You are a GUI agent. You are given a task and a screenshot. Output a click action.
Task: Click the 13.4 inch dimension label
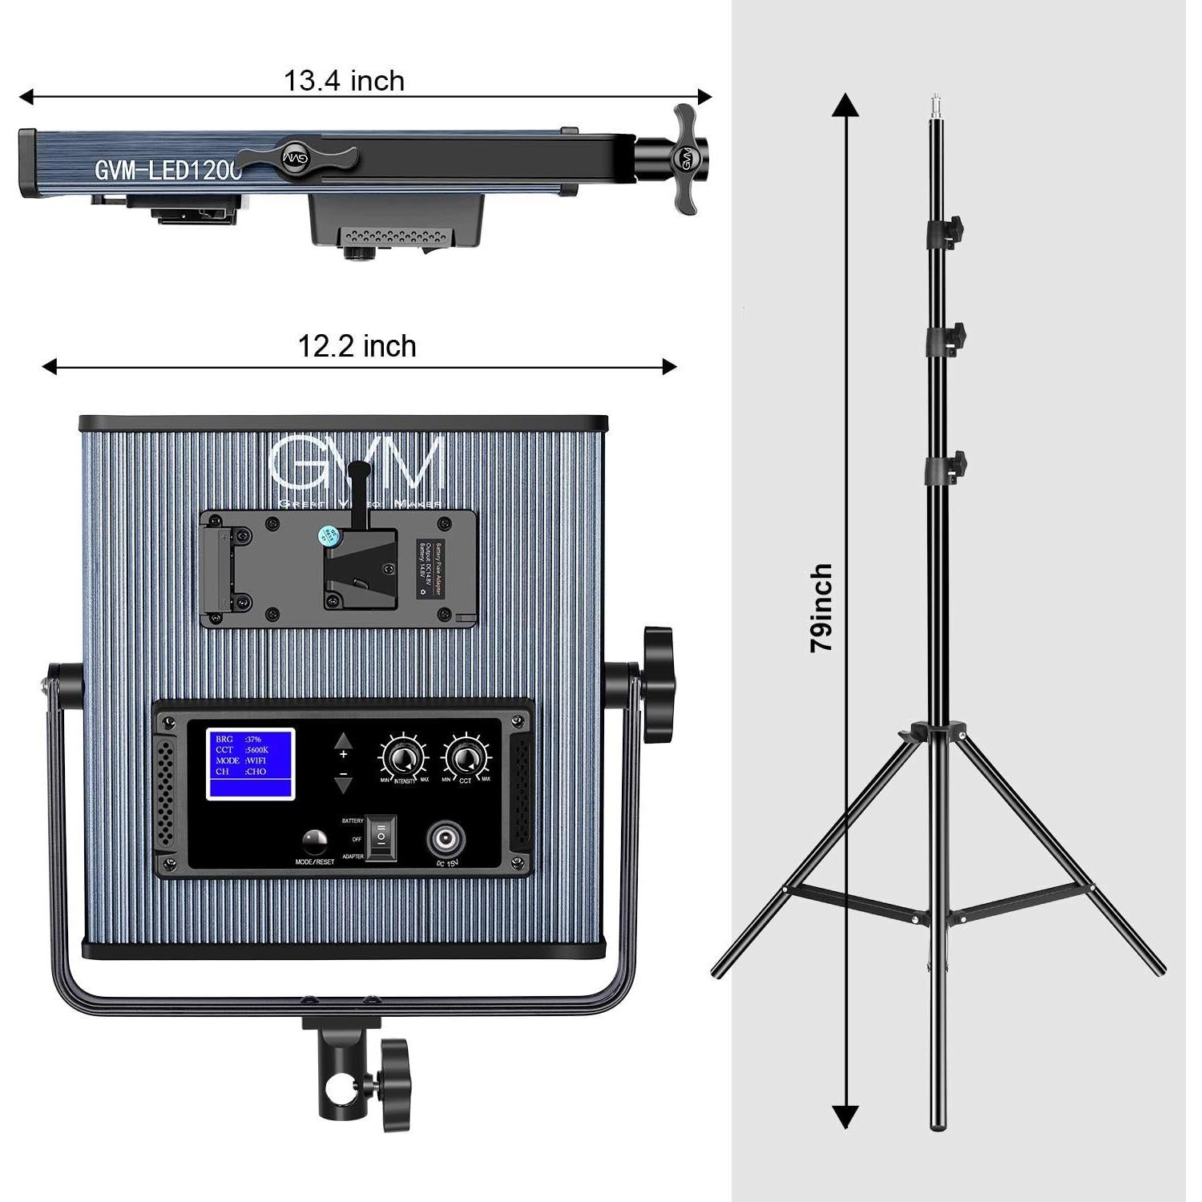coord(344,81)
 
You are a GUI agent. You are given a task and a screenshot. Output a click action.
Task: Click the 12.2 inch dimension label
coord(357,346)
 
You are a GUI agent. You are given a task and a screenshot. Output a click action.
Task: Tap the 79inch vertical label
coord(822,607)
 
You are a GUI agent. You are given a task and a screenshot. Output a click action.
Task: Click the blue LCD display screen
coord(251,764)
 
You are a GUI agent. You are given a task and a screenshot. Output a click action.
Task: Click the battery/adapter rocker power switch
coord(381,838)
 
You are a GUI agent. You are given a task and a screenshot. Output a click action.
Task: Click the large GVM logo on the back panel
coord(357,464)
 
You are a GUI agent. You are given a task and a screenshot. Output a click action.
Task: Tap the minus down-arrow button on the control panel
coord(344,779)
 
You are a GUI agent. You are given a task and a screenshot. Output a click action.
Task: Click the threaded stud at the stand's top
coord(935,108)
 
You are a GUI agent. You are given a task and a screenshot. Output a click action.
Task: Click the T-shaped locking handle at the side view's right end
coord(684,159)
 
